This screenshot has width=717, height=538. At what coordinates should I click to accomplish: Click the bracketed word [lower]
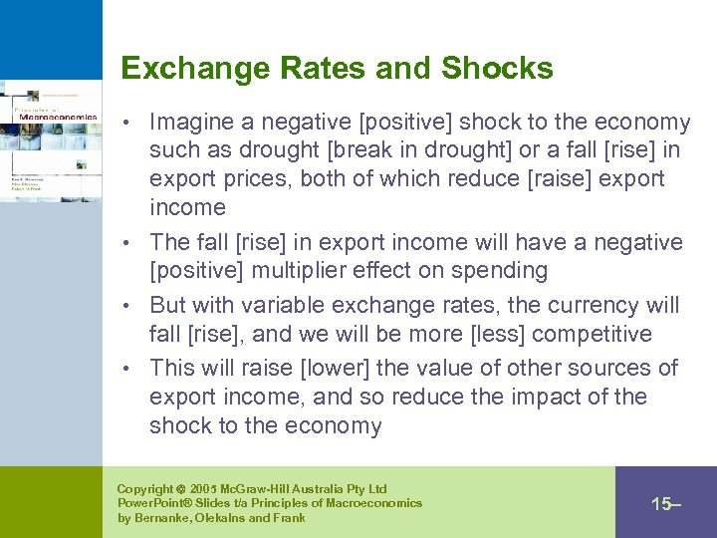pos(339,368)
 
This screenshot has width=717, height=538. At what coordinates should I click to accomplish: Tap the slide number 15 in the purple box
pos(661,503)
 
